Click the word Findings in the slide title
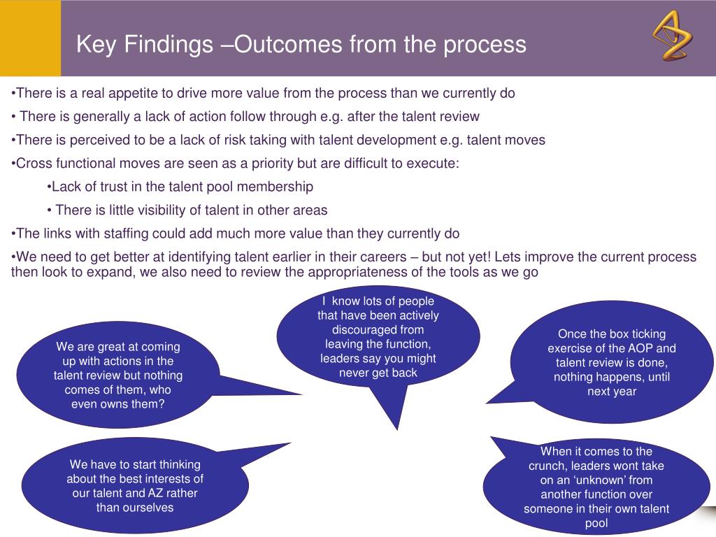(x=169, y=44)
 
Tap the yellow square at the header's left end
(x=30, y=38)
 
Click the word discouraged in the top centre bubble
(x=378, y=329)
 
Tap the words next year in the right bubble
(x=612, y=391)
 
